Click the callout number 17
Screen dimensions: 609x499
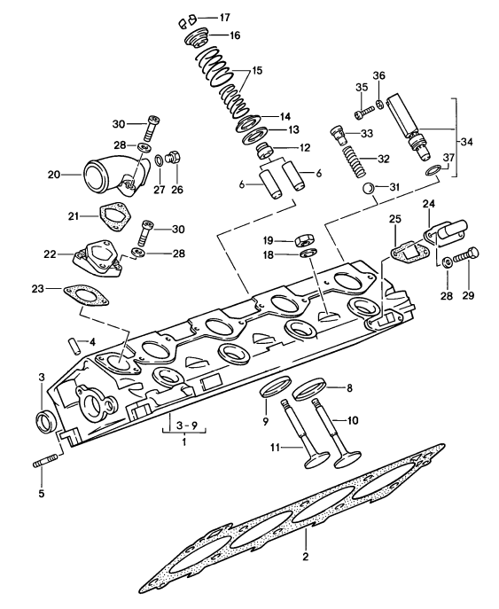click(223, 18)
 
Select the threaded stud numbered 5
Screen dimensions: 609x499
click(46, 464)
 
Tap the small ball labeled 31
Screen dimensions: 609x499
click(368, 188)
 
